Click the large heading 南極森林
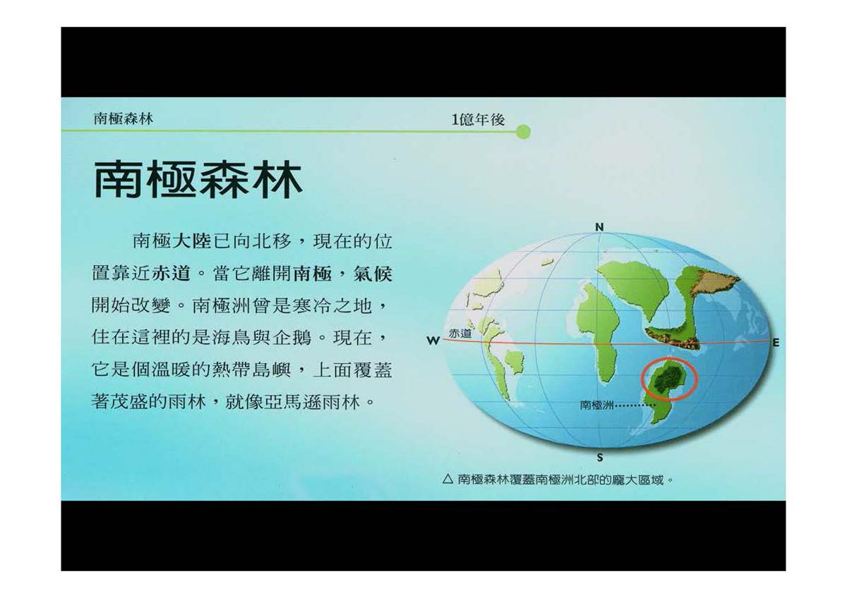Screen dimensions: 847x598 pyautogui.click(x=198, y=179)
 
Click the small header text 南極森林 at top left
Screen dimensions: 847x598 pyautogui.click(x=124, y=119)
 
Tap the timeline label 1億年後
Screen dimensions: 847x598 pyautogui.click(x=479, y=120)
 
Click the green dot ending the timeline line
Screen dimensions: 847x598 pyautogui.click(x=523, y=132)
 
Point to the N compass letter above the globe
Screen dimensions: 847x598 pyautogui.click(x=599, y=227)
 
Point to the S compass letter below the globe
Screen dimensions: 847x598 pyautogui.click(x=600, y=458)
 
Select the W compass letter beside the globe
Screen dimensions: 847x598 pyautogui.click(x=433, y=341)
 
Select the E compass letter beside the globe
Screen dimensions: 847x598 pyautogui.click(x=776, y=343)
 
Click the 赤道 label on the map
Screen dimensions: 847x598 pyautogui.click(x=459, y=334)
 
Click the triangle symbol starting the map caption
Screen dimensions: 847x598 pyautogui.click(x=447, y=480)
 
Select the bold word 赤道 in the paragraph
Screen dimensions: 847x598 pyautogui.click(x=171, y=274)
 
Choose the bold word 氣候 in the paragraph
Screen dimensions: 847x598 pyautogui.click(x=373, y=274)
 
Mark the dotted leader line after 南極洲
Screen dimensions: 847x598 pyautogui.click(x=636, y=406)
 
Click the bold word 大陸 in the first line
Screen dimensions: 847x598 pyautogui.click(x=191, y=241)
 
